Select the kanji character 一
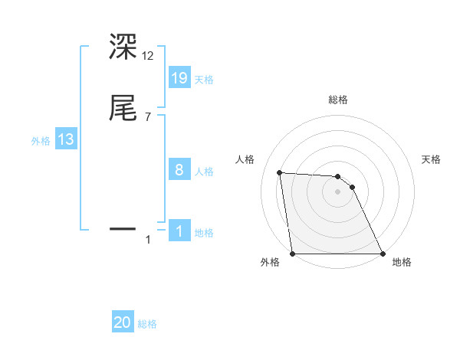[x=123, y=228]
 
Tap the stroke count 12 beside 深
[x=149, y=56]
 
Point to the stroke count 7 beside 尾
[x=148, y=117]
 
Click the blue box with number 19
[x=179, y=77]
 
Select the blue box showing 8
[x=179, y=169]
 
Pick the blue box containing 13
[x=66, y=139]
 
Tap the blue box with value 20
[x=123, y=322]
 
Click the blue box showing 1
[x=179, y=231]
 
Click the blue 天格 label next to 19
[x=204, y=80]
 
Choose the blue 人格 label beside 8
[x=204, y=172]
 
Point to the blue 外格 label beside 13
[x=41, y=141]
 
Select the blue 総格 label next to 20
[x=147, y=325]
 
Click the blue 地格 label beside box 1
[x=204, y=233]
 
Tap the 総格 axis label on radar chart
[x=338, y=100]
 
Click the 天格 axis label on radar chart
[x=431, y=159]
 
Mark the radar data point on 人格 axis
[x=280, y=172]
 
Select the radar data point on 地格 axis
[x=383, y=254]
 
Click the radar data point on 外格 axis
[x=292, y=254]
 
